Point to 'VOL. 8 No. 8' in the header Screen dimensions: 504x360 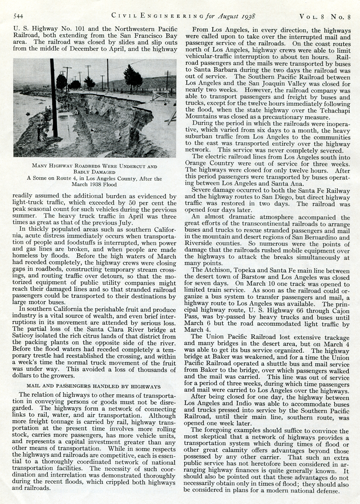(x=328, y=17)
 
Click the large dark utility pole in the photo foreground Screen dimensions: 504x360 (x=53, y=99)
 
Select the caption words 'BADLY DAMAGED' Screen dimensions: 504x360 (x=94, y=172)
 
